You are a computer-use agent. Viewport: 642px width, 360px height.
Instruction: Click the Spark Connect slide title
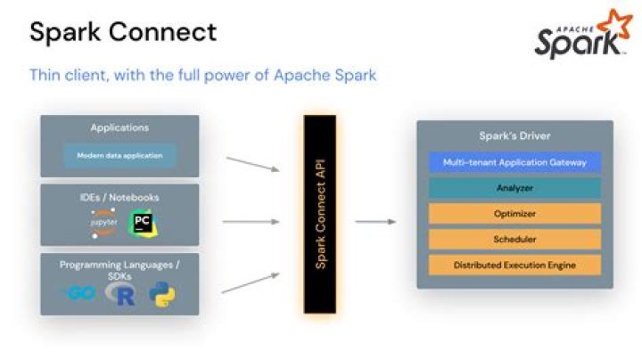pyautogui.click(x=123, y=33)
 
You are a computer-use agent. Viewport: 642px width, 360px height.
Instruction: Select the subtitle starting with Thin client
pyautogui.click(x=202, y=75)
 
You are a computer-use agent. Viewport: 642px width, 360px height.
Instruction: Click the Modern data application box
pyautogui.click(x=119, y=155)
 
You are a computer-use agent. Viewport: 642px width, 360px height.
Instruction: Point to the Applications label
pyautogui.click(x=119, y=128)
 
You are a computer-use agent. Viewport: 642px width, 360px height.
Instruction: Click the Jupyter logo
pyautogui.click(x=104, y=224)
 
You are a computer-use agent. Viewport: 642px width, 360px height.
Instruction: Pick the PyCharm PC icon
pyautogui.click(x=141, y=223)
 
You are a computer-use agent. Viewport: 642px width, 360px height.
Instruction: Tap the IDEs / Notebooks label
pyautogui.click(x=119, y=197)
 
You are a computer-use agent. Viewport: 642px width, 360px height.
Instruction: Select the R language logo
pyautogui.click(x=122, y=296)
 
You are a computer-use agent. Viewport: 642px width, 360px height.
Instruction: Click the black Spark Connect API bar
pyautogui.click(x=320, y=214)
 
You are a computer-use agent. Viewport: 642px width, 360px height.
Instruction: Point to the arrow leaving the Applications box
pyautogui.click(x=253, y=164)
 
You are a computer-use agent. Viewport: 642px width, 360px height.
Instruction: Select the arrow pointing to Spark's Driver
pyautogui.click(x=375, y=221)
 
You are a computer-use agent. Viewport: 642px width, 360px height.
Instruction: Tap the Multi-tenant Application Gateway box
pyautogui.click(x=514, y=162)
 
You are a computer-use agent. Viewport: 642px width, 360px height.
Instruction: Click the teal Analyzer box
pyautogui.click(x=514, y=188)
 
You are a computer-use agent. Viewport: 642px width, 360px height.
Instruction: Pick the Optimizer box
pyautogui.click(x=514, y=214)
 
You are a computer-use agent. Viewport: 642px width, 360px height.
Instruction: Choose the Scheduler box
pyautogui.click(x=514, y=239)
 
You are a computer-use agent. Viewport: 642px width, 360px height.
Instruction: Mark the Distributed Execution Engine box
pyautogui.click(x=514, y=265)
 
